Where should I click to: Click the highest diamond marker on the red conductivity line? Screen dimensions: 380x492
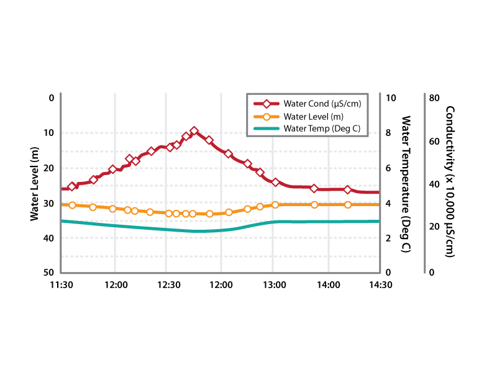[x=194, y=131]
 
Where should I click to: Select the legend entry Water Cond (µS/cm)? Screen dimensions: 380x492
[x=322, y=103]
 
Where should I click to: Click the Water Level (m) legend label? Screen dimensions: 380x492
[x=313, y=116]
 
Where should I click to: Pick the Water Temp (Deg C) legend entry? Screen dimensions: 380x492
[x=321, y=129]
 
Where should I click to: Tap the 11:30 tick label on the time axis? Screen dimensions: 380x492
[x=62, y=284]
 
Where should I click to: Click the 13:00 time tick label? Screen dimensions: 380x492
[x=275, y=284]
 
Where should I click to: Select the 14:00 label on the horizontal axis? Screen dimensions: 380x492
[x=328, y=284]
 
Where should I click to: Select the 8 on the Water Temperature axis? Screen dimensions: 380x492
[x=388, y=133]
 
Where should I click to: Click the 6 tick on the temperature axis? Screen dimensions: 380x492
[x=388, y=168]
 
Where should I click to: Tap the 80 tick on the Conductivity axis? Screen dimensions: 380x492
[x=434, y=97]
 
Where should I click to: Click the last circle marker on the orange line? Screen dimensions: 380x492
[x=348, y=205]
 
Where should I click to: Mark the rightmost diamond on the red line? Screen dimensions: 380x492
[x=348, y=190]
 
